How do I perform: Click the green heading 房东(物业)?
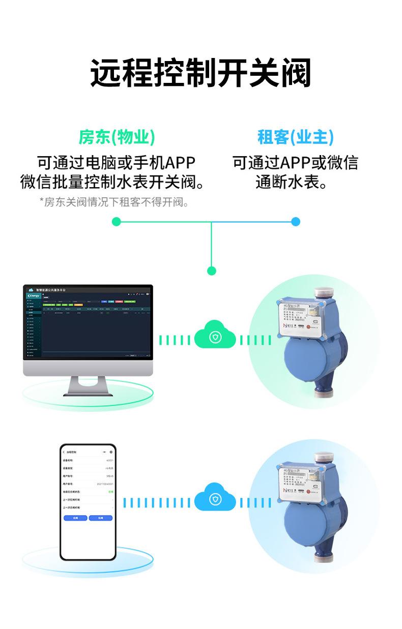pos(117,137)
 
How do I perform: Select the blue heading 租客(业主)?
pos(295,137)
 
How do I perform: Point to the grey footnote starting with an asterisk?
pos(114,202)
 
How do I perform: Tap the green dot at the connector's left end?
pos(117,222)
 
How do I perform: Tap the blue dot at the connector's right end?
pos(296,222)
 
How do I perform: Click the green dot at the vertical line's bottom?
pos(212,271)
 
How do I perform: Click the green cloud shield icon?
pos(215,337)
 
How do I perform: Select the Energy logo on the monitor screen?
pos(34,295)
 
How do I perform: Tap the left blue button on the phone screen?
pos(76,518)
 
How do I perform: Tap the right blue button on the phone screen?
pos(100,518)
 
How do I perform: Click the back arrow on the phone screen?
pos(64,452)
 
